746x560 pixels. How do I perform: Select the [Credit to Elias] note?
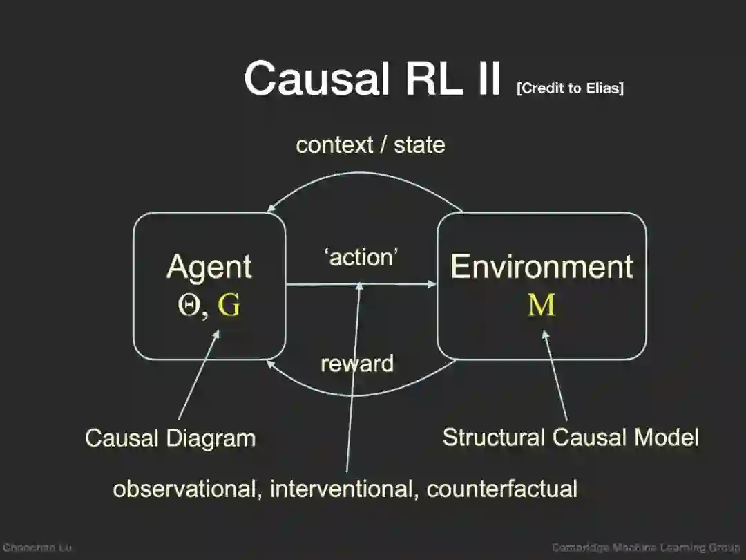[570, 88]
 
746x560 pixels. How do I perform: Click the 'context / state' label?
[370, 145]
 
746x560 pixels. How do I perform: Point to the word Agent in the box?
[209, 268]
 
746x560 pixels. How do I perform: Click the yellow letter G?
[229, 305]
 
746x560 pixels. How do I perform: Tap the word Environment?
[542, 267]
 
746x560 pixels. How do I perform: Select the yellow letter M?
[542, 305]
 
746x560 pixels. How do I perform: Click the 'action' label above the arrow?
[361, 258]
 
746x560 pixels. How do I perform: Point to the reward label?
[357, 364]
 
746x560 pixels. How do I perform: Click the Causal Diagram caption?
[170, 438]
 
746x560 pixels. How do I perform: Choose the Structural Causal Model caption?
[571, 437]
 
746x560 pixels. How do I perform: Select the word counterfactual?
[502, 489]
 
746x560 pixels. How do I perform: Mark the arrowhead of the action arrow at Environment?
[432, 284]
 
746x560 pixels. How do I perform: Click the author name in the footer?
[37, 548]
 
